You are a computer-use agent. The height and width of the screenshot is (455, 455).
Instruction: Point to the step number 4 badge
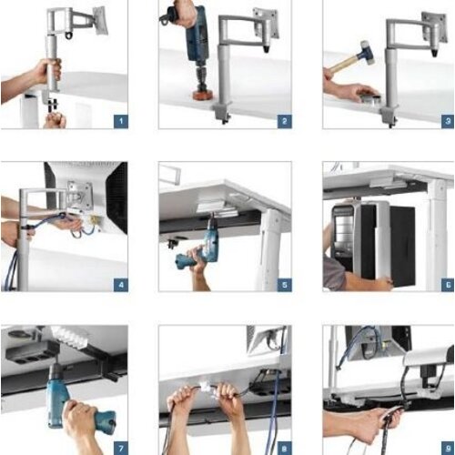click(x=120, y=284)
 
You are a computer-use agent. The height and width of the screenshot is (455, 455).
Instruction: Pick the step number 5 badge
click(x=283, y=284)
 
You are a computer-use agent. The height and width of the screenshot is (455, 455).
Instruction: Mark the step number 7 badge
click(x=120, y=447)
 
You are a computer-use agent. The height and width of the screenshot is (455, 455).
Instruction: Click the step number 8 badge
click(x=283, y=447)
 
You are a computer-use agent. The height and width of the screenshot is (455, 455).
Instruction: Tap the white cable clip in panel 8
click(x=207, y=386)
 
